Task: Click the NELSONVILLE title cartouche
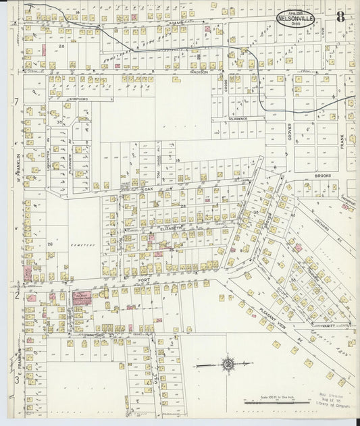(297, 17)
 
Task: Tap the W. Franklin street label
(12, 169)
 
